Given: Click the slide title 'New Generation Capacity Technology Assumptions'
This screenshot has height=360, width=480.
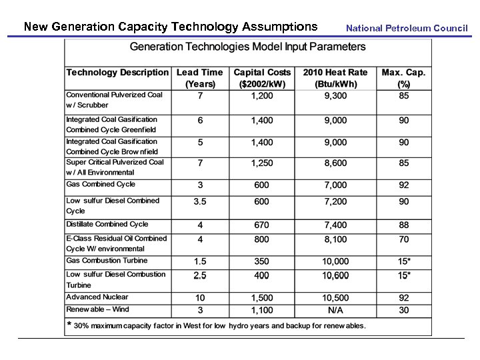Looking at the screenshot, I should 171,27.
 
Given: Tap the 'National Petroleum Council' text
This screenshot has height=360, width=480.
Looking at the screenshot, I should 407,28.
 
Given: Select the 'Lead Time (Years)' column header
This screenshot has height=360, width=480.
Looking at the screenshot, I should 200,78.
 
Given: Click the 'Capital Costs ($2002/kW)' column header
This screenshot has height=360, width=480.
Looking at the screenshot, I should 262,78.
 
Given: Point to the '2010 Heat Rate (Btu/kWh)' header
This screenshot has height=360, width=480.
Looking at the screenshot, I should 335,78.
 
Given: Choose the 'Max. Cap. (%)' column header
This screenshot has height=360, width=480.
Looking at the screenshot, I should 403,78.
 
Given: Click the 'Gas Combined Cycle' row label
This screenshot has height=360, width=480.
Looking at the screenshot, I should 101,184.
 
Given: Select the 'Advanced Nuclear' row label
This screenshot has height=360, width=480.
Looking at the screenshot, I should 97,297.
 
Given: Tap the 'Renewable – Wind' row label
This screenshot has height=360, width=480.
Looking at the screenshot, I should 97,309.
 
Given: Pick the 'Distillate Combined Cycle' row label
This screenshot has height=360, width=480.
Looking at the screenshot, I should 107,225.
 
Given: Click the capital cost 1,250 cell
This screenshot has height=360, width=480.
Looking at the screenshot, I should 262,163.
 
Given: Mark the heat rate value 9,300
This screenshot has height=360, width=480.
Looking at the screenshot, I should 335,96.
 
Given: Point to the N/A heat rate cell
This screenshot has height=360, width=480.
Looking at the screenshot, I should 335,310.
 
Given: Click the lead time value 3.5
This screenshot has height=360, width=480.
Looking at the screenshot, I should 200,201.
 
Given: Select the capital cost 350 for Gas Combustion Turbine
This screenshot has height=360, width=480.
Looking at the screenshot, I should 262,261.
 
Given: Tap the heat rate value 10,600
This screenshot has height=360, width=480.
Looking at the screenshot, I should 335,275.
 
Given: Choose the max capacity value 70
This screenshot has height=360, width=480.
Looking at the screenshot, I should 404,239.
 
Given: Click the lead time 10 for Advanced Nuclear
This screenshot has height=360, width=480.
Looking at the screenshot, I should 200,298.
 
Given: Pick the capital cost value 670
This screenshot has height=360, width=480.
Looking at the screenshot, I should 262,225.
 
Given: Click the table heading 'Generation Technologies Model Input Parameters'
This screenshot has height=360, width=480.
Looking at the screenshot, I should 248,47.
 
